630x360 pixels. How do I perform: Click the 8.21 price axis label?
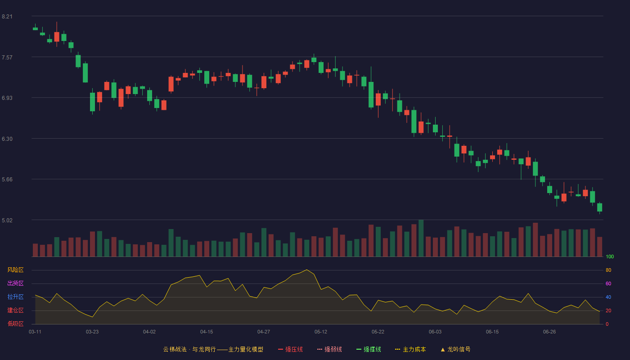[7, 17]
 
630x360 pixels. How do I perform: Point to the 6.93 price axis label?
[7, 98]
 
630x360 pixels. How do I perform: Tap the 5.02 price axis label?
[7, 220]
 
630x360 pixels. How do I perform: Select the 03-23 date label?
[92, 332]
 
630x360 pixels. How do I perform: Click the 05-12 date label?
[321, 332]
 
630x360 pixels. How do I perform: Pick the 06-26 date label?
[549, 332]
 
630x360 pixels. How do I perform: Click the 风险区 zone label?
[15, 270]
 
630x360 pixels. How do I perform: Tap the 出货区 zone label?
[15, 283]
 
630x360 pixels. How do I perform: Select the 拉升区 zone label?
[15, 297]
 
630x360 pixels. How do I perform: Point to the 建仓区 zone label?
[15, 310]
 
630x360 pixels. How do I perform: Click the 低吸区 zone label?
[15, 324]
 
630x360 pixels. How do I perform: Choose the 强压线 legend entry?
[291, 349]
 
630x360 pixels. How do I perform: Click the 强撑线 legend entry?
[369, 349]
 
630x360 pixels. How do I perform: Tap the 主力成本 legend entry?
[410, 349]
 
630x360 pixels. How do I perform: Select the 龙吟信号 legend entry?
[455, 349]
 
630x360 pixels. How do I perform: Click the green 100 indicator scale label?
[610, 256]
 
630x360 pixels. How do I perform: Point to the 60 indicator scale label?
[608, 283]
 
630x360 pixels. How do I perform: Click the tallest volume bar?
[421, 238]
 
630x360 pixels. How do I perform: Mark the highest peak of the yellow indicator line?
[306, 270]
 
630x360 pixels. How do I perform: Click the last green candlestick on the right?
[599, 207]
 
